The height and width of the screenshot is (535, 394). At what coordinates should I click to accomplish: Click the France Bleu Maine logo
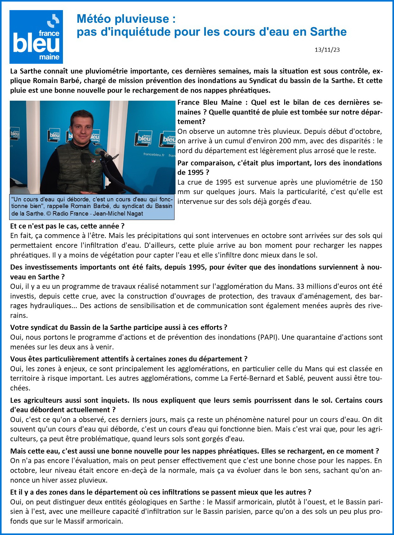[36, 37]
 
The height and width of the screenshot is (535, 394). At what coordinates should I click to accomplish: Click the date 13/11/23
[327, 50]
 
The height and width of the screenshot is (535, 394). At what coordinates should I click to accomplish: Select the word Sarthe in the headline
[328, 32]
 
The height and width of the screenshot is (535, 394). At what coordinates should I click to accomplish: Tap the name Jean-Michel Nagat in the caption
[119, 214]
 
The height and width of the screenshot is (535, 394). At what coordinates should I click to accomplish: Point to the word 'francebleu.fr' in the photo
[154, 155]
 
